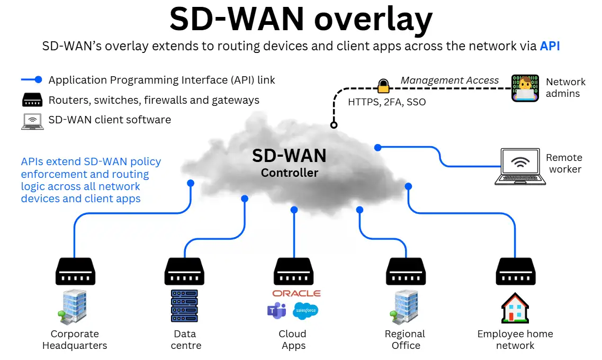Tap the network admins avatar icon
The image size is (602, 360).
pyautogui.click(x=525, y=88)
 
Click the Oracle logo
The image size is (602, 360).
pyautogui.click(x=296, y=293)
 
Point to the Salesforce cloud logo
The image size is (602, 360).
pyautogui.click(x=306, y=310)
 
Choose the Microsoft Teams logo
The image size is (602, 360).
pyautogui.click(x=276, y=310)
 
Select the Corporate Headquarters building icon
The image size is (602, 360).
pyautogui.click(x=73, y=307)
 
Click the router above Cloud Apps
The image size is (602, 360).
pyautogui.click(x=293, y=272)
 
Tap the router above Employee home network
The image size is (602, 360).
pyautogui.click(x=515, y=272)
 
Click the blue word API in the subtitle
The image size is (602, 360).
pyautogui.click(x=550, y=46)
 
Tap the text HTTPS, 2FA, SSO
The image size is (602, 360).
pyautogui.click(x=387, y=102)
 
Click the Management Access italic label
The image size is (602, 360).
pyautogui.click(x=450, y=80)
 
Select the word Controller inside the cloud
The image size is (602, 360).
pyautogui.click(x=290, y=173)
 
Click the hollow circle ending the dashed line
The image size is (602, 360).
pyautogui.click(x=334, y=125)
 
